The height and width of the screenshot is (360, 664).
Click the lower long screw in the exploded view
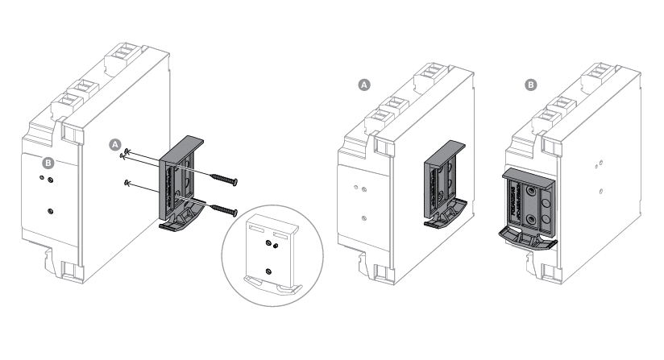point(223,209)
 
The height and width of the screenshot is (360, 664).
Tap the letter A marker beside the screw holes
point(114,143)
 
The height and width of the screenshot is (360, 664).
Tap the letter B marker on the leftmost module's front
point(48,163)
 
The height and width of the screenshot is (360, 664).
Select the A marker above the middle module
point(363,83)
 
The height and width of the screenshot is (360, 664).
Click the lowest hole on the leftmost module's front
point(51,210)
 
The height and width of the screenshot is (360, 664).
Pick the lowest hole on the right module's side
point(600,192)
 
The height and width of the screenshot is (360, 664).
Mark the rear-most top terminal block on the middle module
point(430,77)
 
